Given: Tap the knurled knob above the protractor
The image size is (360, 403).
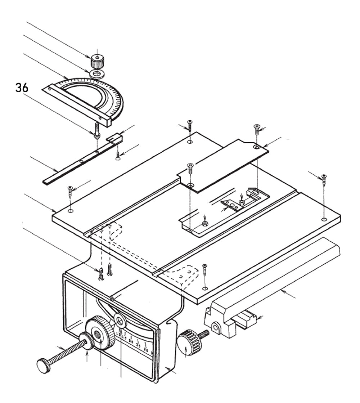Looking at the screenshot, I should [x=96, y=62].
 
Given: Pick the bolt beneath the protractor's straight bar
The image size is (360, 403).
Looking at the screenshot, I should [x=96, y=130].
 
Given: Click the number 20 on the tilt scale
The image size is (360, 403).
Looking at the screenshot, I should [x=131, y=341].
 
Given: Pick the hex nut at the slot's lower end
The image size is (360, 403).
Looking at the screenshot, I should [x=205, y=224].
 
